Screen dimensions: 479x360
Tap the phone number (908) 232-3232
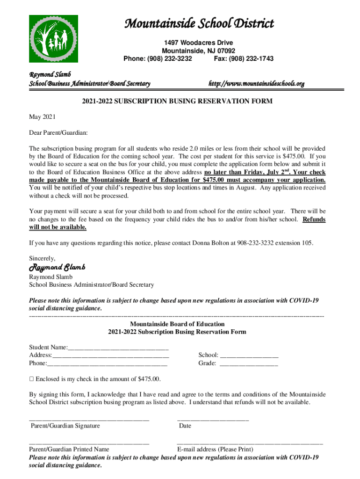(x=170, y=59)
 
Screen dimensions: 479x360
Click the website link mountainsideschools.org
(x=256, y=84)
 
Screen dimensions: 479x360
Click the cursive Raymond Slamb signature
(x=57, y=268)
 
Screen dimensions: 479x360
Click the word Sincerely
(x=42, y=258)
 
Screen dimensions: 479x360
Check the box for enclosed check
(x=31, y=379)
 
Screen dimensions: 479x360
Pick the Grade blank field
(x=248, y=363)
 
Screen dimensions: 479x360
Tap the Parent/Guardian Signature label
(x=65, y=426)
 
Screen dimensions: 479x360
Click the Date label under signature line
(x=185, y=426)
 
